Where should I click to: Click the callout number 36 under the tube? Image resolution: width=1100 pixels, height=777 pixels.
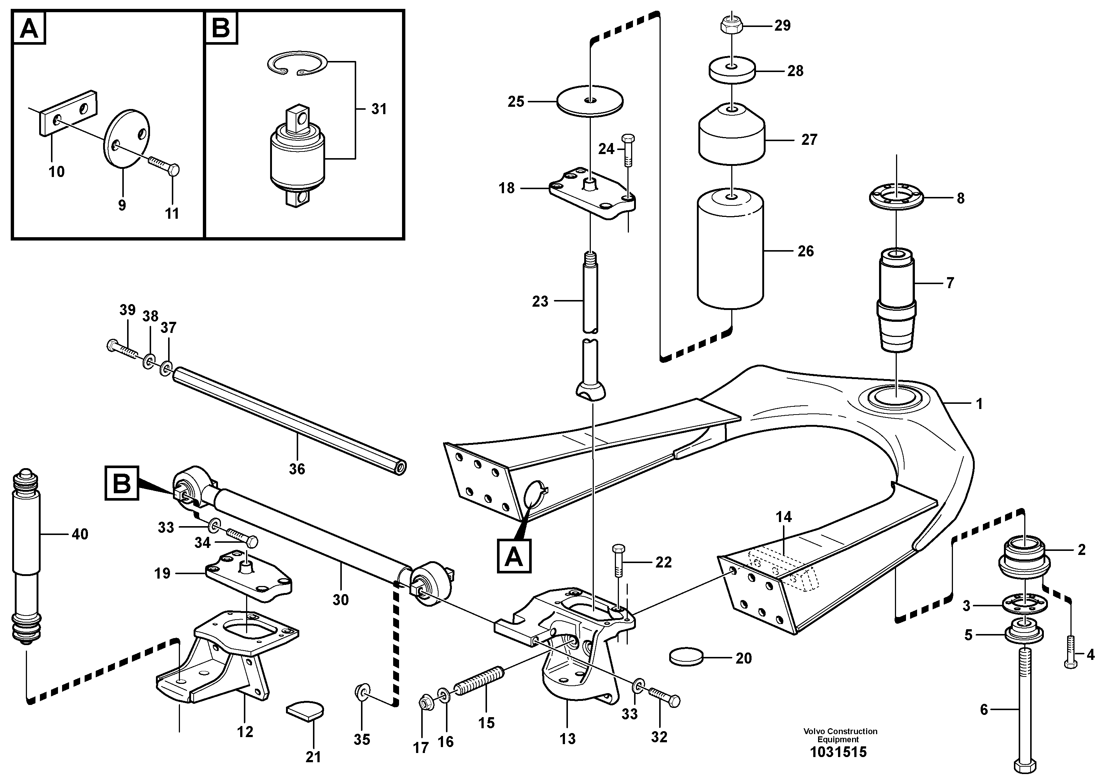point(297,468)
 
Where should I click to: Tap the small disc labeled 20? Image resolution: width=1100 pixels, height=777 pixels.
point(685,657)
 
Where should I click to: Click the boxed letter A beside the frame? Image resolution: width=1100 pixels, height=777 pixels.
point(514,557)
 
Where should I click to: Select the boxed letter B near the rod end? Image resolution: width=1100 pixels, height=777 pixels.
point(121,483)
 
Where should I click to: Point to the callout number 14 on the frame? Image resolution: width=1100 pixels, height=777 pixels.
point(784,517)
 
